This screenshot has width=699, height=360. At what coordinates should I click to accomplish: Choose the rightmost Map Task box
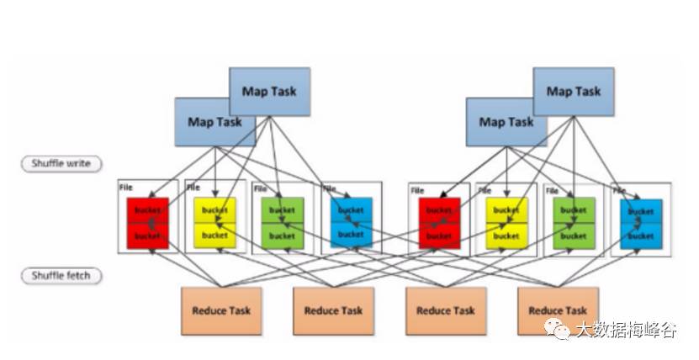pyautogui.click(x=574, y=92)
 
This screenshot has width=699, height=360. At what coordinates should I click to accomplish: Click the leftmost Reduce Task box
pyautogui.click(x=221, y=311)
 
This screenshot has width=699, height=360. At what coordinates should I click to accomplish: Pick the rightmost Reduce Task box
pyautogui.click(x=558, y=310)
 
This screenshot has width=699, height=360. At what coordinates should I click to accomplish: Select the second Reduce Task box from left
pyautogui.click(x=333, y=311)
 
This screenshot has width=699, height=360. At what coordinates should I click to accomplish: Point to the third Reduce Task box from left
pyautogui.click(x=446, y=311)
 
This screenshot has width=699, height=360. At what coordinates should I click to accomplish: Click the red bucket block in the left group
pyautogui.click(x=148, y=223)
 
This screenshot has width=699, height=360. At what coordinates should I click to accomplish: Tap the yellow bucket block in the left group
pyautogui.click(x=214, y=223)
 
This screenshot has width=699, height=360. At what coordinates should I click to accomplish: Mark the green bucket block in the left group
pyautogui.click(x=282, y=223)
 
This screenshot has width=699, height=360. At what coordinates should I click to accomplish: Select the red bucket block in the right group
pyautogui.click(x=438, y=223)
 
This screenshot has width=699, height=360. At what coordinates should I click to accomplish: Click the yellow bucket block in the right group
pyautogui.click(x=506, y=223)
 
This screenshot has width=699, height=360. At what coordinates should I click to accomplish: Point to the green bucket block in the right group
pyautogui.click(x=574, y=223)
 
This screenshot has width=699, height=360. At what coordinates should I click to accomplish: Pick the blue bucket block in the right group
pyautogui.click(x=641, y=223)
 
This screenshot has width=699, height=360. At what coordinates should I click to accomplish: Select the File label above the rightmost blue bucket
pyautogui.click(x=618, y=190)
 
